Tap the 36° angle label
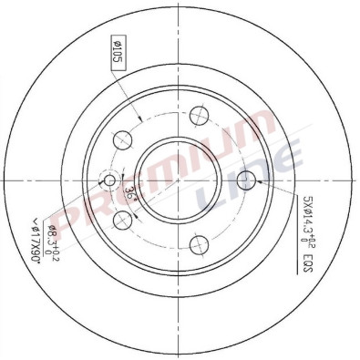(x=131, y=192)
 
